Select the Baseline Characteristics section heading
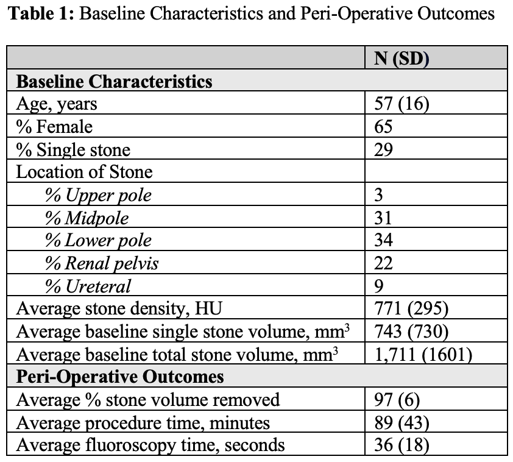pos(115,81)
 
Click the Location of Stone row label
pos(84,172)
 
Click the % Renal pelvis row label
pos(102,263)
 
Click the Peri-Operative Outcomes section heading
pos(120,376)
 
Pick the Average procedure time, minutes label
pos(143,422)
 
